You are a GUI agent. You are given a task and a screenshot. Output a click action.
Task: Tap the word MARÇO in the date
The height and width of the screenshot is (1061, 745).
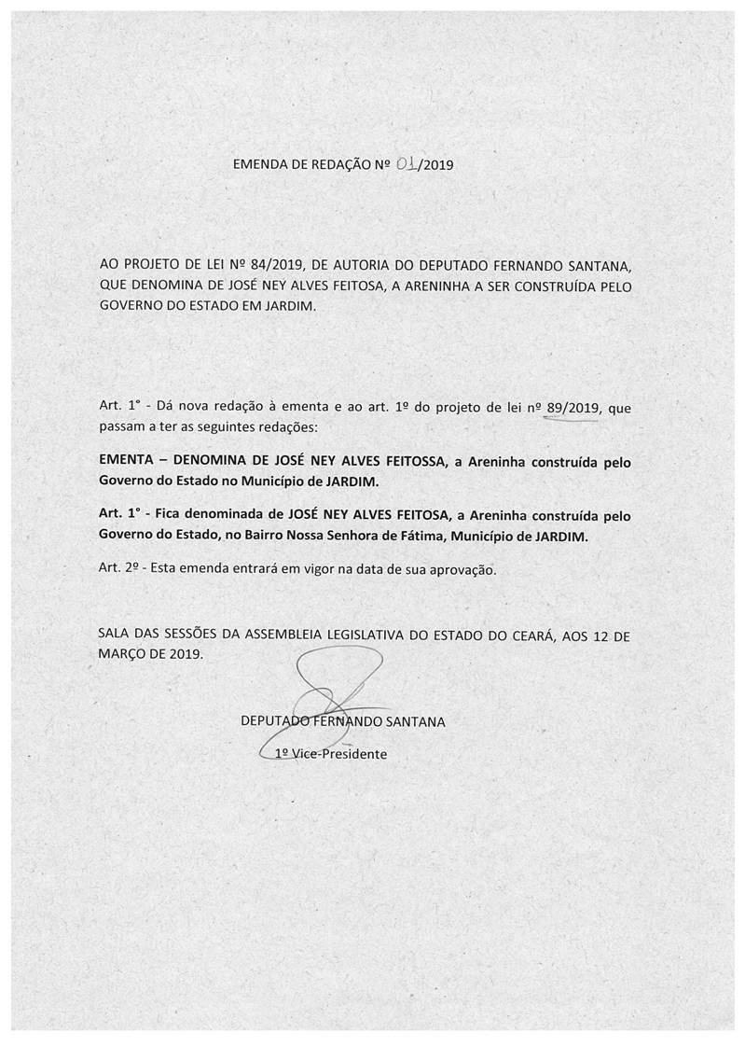pos(123,655)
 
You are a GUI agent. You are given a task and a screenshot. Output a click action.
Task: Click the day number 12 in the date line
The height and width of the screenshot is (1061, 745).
pos(604,636)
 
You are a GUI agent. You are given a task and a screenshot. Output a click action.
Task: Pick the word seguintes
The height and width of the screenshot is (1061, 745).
pos(223,426)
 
